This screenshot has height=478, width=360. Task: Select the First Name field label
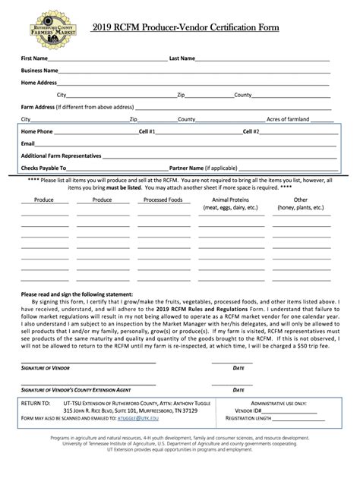click(x=35, y=58)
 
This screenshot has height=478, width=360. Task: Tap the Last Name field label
click(x=182, y=58)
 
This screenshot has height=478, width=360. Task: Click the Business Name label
click(x=40, y=71)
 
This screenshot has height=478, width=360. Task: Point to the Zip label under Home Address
click(x=182, y=95)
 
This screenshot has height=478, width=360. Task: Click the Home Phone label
click(x=37, y=131)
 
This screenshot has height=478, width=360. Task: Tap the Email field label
click(x=28, y=143)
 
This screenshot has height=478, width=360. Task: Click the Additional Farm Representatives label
click(x=61, y=156)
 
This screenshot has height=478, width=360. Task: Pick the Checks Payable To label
click(x=44, y=168)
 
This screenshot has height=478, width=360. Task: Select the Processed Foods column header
click(x=163, y=200)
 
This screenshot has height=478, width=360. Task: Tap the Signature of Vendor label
click(x=47, y=368)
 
